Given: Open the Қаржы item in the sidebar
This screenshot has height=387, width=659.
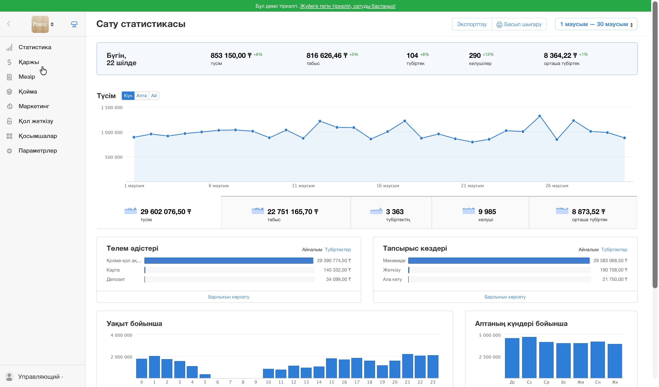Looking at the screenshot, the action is (29, 62).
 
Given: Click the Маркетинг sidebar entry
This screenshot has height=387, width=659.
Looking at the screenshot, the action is (34, 106).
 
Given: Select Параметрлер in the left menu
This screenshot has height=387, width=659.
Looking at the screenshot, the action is (38, 151).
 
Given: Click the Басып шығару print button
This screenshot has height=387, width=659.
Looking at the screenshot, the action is (519, 24).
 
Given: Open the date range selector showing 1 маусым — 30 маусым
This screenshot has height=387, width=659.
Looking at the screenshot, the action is (596, 24).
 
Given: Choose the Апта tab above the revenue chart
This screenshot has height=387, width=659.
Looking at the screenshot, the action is (141, 96).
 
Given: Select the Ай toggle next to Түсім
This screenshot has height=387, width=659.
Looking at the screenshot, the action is (154, 96).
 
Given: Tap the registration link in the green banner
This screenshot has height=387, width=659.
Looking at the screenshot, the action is (348, 6).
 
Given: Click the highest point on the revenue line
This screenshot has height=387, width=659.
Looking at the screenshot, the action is (540, 116).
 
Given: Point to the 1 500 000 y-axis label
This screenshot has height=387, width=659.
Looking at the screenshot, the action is (112, 107).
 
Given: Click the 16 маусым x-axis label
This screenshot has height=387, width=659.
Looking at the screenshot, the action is (388, 186).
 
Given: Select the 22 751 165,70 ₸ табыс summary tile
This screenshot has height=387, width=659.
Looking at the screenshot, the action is (286, 212).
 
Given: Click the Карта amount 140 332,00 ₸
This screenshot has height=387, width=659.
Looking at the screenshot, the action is (337, 270).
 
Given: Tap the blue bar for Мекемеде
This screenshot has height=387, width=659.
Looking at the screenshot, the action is (499, 261).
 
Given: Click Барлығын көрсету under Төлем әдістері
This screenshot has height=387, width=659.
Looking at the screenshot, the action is (229, 297).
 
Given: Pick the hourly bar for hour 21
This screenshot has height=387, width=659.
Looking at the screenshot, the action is (408, 366).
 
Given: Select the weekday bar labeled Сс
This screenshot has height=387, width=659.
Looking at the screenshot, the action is (529, 357).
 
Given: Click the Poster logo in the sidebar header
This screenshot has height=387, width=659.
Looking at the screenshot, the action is (40, 24).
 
